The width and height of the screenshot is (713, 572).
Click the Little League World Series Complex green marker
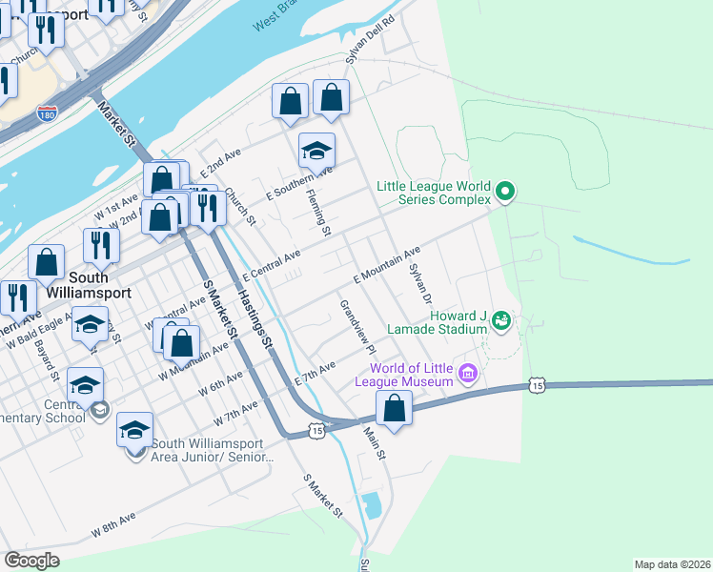(506, 194)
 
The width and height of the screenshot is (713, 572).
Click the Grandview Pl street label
(358, 328)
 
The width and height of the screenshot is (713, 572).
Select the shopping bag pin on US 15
(394, 407)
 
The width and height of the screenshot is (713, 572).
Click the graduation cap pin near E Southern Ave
(316, 152)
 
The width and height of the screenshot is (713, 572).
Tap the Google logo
(31, 561)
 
